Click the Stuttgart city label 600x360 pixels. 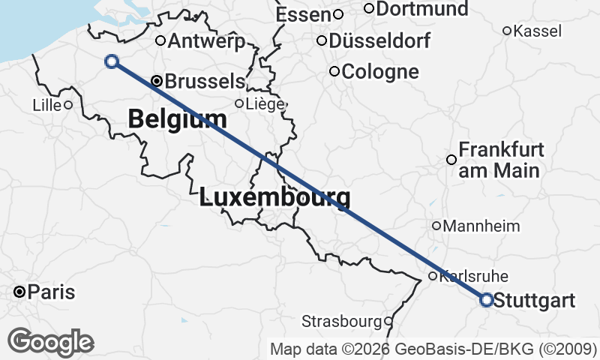click(x=535, y=301)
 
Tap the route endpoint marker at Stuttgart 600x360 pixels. click(x=486, y=300)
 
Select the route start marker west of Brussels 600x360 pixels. click(x=112, y=61)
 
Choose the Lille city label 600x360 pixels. click(x=46, y=105)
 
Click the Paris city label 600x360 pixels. click(x=51, y=292)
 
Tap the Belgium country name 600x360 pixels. click(x=177, y=118)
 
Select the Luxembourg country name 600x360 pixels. click(x=274, y=199)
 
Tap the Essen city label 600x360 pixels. click(x=303, y=14)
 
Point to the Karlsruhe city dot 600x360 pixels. click(x=433, y=276)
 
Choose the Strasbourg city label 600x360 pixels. click(x=341, y=322)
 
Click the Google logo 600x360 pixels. click(x=50, y=342)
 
